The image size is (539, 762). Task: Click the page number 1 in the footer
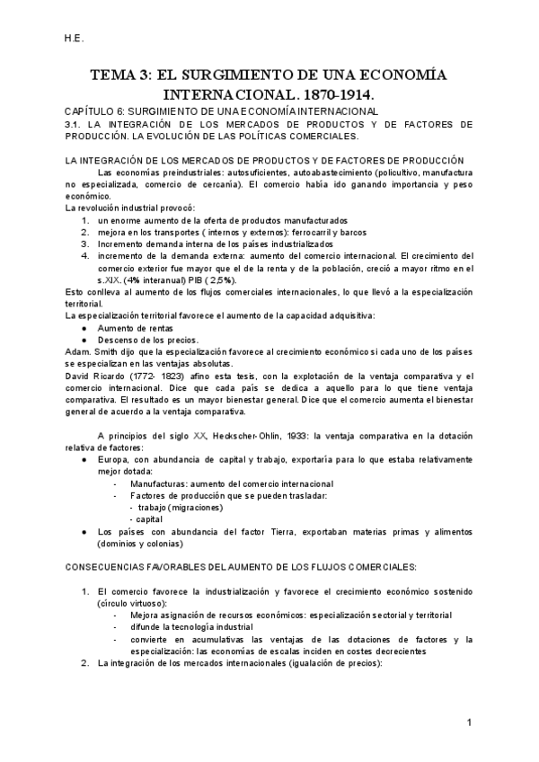(469, 722)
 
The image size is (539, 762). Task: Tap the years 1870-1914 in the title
(334, 93)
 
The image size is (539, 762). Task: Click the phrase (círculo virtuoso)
(129, 603)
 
